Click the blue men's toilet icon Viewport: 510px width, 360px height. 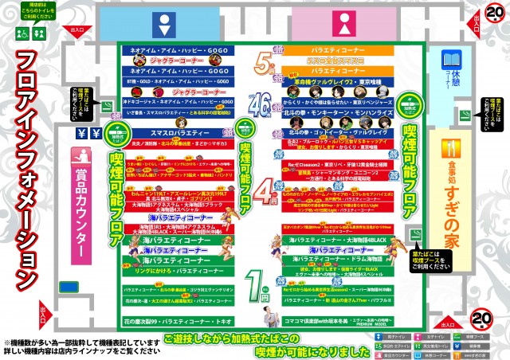[x=163, y=22]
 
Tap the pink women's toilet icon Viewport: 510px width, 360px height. [x=339, y=22]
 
